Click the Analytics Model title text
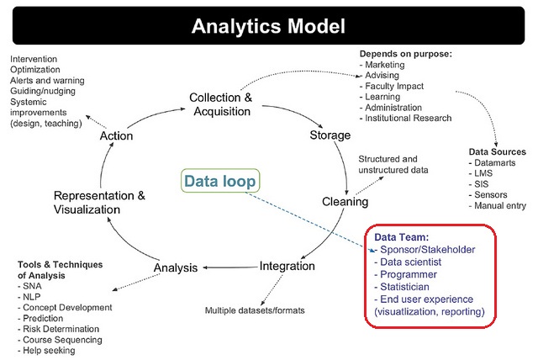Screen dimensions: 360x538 tap(268, 25)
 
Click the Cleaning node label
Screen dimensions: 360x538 tap(345, 202)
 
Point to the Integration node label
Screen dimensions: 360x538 tap(287, 266)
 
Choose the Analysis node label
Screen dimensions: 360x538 tap(175, 268)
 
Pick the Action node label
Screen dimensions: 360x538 tap(116, 135)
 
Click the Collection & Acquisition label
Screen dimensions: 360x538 tap(220, 104)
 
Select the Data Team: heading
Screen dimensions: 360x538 tap(402, 238)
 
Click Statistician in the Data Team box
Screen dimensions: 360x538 tap(409, 287)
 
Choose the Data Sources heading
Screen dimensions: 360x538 tap(497, 151)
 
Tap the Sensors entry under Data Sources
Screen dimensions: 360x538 tap(494, 194)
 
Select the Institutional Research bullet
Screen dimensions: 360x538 tap(408, 119)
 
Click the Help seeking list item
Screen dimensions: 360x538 tap(55, 351)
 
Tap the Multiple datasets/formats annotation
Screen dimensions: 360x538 tap(255, 310)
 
